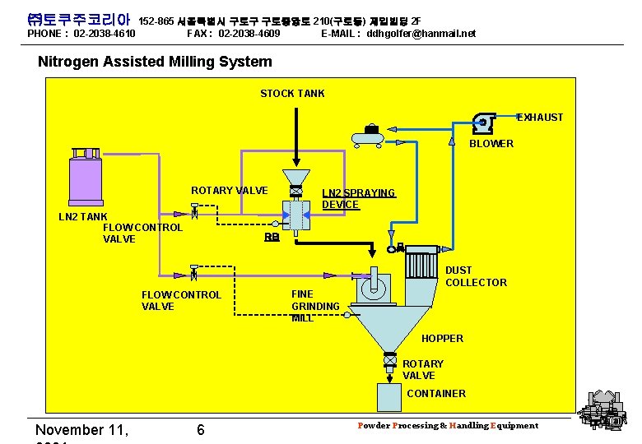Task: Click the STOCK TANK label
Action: (x=292, y=93)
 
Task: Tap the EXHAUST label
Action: (x=540, y=118)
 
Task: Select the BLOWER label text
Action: (x=491, y=144)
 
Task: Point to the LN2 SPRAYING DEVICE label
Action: (x=358, y=198)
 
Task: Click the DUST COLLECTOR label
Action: (x=476, y=276)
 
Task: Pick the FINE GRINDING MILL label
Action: (x=315, y=306)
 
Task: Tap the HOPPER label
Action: (x=442, y=338)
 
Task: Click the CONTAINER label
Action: (x=436, y=393)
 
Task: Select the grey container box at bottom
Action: (x=389, y=397)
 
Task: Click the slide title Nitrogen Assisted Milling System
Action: (x=155, y=62)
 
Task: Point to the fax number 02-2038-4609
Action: (x=249, y=34)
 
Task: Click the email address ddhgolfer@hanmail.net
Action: (x=421, y=34)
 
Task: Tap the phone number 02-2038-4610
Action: (x=105, y=34)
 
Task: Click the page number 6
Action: (x=201, y=430)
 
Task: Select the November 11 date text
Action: (x=82, y=430)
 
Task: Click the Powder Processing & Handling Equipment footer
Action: (x=448, y=425)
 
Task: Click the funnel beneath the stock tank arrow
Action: (x=295, y=177)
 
